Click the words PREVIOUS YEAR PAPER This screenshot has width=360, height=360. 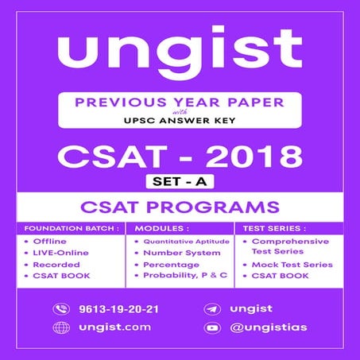click(180, 103)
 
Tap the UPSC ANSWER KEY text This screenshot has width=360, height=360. click(180, 123)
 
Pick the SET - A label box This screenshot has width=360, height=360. click(180, 182)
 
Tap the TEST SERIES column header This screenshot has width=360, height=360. click(269, 227)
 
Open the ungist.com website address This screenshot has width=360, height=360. click(104, 327)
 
